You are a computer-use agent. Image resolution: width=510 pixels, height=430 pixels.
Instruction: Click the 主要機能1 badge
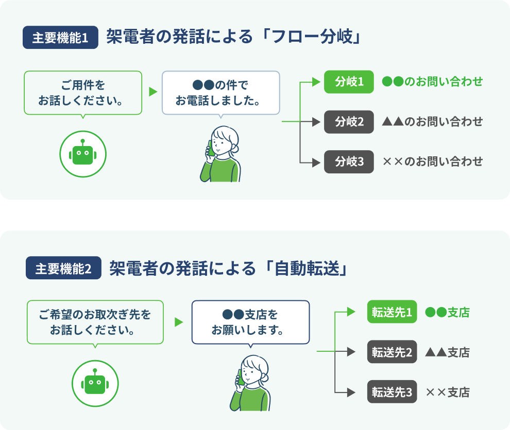tap(60, 39)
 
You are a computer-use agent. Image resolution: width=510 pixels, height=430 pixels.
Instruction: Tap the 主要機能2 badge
tap(63, 269)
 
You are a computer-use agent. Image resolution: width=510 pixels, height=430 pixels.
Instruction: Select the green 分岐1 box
tap(349, 82)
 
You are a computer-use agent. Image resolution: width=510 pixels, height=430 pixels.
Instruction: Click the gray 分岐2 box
tap(349, 122)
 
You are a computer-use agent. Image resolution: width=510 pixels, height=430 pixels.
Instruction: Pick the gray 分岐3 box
tap(349, 162)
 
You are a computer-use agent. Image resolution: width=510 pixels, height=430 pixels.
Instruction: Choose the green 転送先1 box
tap(392, 312)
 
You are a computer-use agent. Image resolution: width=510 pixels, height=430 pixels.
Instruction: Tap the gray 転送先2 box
tap(392, 352)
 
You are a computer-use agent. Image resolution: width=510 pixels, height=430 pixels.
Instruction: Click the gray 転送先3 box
tap(392, 392)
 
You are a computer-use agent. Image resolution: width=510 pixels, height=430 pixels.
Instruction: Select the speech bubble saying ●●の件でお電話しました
tap(220, 93)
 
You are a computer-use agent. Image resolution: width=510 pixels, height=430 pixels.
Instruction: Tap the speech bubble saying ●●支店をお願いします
tap(250, 322)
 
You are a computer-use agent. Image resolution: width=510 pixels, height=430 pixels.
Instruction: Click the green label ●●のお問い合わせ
tap(432, 82)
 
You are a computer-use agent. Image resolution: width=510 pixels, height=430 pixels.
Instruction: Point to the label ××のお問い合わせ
tap(432, 162)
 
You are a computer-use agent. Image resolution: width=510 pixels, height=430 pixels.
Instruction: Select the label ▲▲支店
tap(447, 352)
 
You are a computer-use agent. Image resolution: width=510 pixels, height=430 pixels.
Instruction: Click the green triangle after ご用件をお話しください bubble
tap(152, 92)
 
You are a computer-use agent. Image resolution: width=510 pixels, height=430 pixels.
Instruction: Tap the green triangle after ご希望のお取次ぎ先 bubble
tap(179, 322)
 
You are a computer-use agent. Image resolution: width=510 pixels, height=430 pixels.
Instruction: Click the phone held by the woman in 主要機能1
tap(211, 148)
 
